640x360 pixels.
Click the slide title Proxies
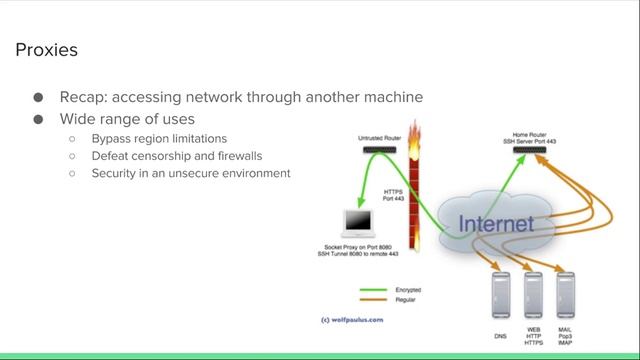(x=47, y=50)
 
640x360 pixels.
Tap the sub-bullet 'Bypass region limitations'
(x=159, y=138)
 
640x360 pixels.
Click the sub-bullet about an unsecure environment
(x=190, y=173)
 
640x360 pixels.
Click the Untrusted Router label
(x=380, y=137)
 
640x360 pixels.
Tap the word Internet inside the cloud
(x=495, y=223)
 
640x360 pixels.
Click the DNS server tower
(x=500, y=294)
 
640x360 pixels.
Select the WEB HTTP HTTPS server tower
(x=532, y=294)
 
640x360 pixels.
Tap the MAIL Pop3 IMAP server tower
(x=565, y=294)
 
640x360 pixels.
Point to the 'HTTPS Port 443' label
(x=393, y=195)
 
